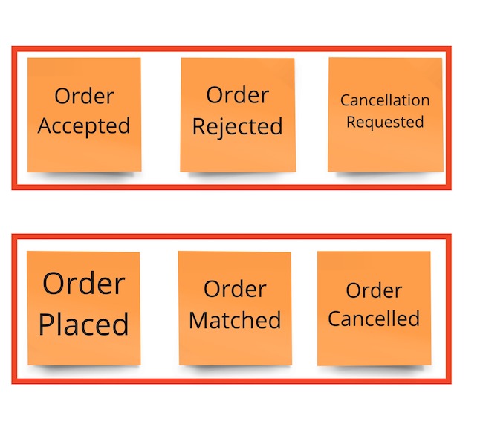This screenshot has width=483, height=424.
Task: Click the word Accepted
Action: tap(84, 126)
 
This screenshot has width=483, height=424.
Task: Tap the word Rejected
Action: tap(237, 127)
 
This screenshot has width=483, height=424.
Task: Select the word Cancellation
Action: tap(385, 100)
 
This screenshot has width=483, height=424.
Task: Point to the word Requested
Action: tap(385, 122)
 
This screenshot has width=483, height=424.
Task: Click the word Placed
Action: tap(84, 324)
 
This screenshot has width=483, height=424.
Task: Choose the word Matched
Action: tap(235, 320)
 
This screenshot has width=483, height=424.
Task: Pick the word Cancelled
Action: tap(374, 319)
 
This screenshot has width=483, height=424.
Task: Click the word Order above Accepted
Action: tap(84, 96)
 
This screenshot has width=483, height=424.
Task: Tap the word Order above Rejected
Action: tap(237, 95)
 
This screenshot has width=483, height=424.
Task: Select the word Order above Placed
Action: tap(84, 284)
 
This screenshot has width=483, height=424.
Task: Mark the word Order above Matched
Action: tap(235, 290)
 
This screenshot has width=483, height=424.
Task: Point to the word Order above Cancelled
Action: tap(374, 290)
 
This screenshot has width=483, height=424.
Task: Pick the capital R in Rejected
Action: tap(198, 127)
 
